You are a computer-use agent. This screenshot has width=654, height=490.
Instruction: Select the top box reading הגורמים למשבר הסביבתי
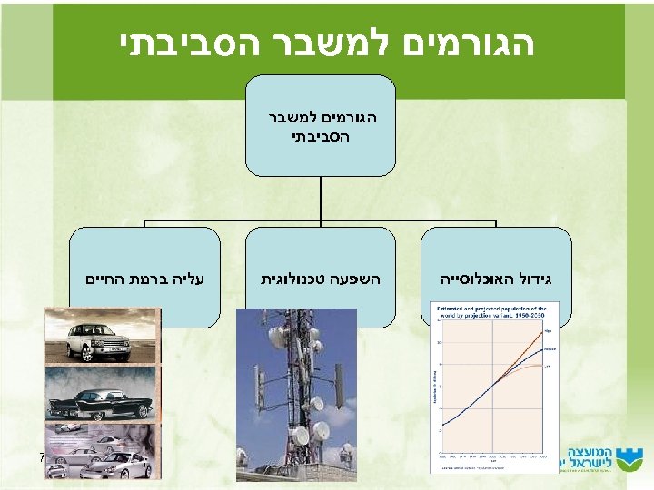click(322, 126)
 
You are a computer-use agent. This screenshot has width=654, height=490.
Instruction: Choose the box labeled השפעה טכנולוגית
click(322, 277)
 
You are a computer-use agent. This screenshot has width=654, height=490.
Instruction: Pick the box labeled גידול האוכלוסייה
click(496, 277)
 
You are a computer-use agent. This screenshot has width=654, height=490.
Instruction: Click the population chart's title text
click(490, 313)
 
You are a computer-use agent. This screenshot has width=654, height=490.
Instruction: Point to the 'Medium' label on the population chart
click(550, 349)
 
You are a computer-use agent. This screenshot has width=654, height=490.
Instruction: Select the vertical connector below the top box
click(322, 196)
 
